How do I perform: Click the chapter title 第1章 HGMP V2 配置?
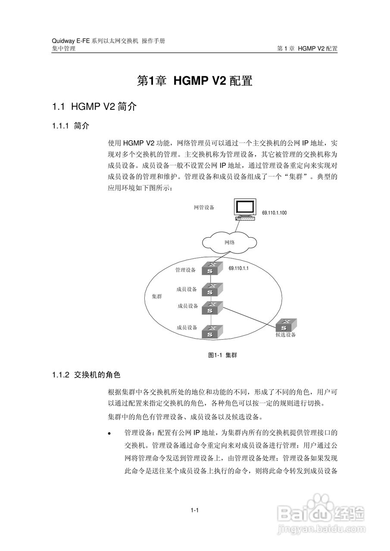[194, 81]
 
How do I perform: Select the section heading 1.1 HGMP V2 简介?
[94, 107]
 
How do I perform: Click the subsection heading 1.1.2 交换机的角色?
[89, 375]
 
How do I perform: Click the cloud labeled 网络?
[229, 242]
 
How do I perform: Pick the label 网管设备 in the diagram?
[204, 207]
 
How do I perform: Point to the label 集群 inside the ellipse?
[157, 297]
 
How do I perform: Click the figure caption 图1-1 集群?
[222, 355]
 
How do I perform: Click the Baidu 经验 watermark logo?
[321, 512]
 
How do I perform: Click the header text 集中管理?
[63, 49]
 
